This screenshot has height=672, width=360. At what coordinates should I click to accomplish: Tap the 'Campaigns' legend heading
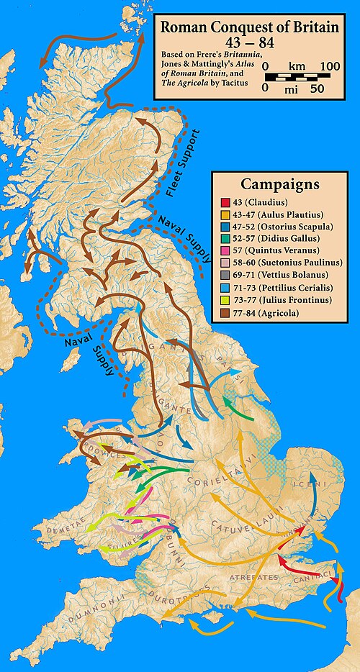tap(280, 183)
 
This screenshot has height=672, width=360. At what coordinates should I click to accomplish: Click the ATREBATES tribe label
tap(248, 577)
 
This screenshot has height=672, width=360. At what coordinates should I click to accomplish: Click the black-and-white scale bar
tap(296, 76)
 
